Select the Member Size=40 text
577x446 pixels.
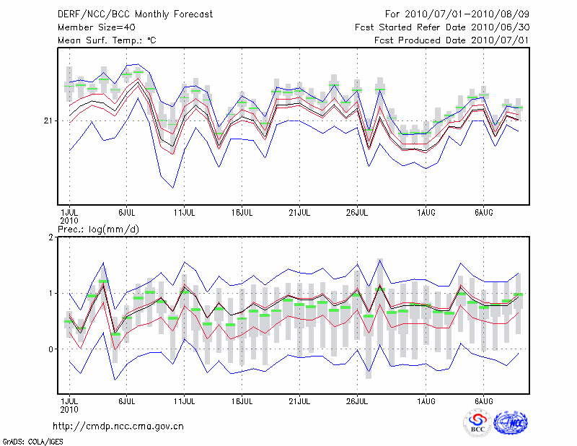92,27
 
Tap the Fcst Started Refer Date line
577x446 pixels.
442,27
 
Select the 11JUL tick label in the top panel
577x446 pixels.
185,213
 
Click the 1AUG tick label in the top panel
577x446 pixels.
426,213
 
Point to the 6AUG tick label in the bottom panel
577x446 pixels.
483,401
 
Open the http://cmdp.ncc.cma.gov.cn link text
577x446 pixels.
118,426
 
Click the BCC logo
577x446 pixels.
477,423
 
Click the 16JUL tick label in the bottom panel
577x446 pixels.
242,401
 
